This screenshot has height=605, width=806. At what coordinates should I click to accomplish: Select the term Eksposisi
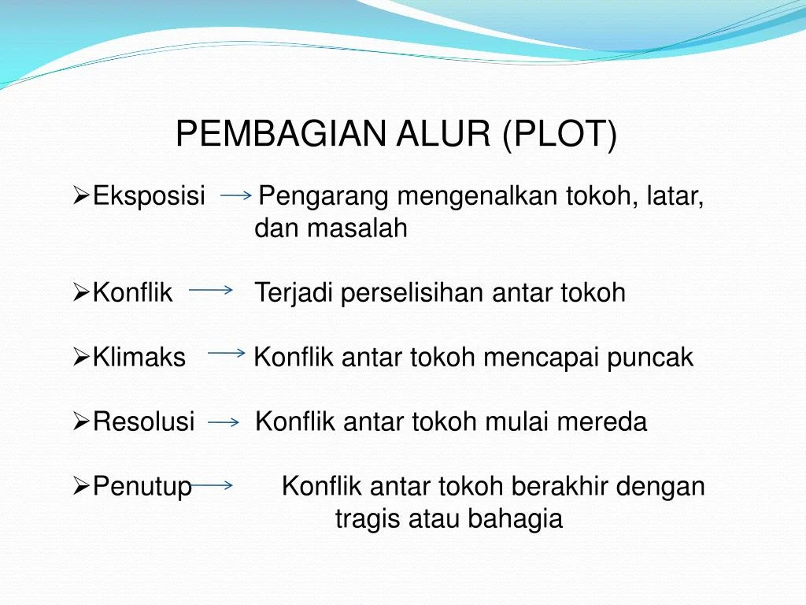click(x=150, y=195)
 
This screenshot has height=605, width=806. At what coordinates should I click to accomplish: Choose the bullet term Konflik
click(x=132, y=293)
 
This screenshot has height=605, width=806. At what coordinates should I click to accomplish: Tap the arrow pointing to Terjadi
click(x=211, y=291)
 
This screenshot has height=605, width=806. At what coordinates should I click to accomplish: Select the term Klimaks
click(x=139, y=358)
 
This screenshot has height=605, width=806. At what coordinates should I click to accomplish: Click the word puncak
click(x=656, y=358)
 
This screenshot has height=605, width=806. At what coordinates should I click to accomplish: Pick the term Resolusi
click(x=143, y=422)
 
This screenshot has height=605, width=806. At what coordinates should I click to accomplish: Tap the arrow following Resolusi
click(x=224, y=423)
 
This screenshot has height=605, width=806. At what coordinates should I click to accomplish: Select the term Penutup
click(x=142, y=487)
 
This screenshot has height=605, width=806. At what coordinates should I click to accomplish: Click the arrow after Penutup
click(x=211, y=486)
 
